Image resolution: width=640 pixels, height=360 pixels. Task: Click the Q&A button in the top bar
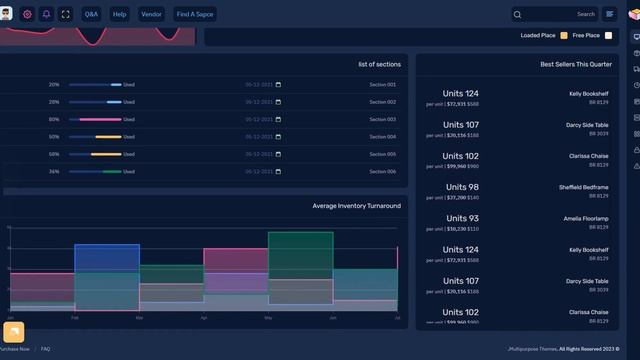(91, 15)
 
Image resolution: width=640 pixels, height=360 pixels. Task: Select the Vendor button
(151, 15)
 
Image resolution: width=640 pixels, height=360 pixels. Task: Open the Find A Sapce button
(195, 15)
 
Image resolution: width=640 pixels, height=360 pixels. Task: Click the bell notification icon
(46, 15)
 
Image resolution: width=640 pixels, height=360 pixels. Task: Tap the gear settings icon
(27, 15)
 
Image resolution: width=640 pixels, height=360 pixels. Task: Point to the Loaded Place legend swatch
(564, 36)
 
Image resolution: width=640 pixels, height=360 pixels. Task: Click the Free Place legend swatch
(608, 36)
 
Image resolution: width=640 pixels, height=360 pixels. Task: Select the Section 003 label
(382, 120)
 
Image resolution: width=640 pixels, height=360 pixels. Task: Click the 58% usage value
(54, 154)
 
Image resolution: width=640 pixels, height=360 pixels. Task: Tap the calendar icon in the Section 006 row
(278, 171)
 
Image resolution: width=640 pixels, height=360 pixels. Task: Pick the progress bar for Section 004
(95, 137)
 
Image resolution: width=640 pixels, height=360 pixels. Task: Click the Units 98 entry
(461, 187)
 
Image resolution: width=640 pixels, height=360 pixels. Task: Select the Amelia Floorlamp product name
(585, 218)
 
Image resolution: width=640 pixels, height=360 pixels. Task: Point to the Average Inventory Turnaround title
(356, 206)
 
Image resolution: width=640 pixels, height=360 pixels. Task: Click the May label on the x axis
(268, 317)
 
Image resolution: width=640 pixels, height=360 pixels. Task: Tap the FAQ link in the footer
(45, 349)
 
